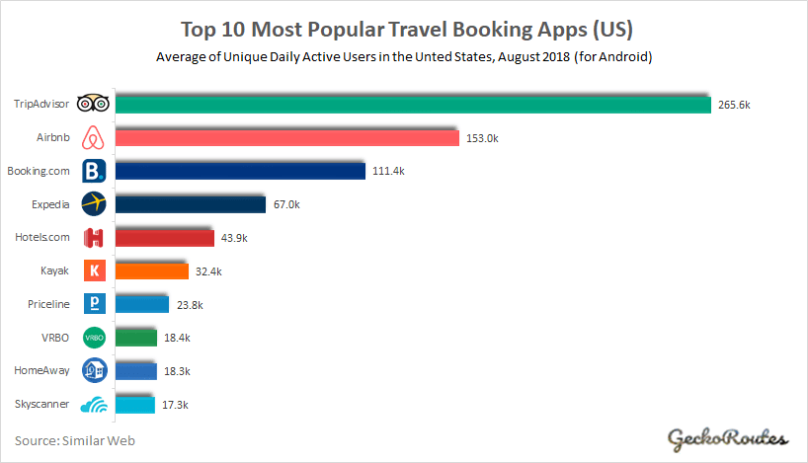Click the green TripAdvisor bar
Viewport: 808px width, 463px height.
coord(413,104)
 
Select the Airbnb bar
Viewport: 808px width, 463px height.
coord(286,137)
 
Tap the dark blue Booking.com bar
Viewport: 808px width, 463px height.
coord(241,171)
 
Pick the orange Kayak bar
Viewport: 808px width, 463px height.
coord(152,270)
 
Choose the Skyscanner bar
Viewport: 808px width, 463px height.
coord(134,404)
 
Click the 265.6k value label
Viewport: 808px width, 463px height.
coord(732,105)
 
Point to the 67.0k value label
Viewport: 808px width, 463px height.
coord(285,204)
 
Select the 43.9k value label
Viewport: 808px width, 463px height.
coord(233,238)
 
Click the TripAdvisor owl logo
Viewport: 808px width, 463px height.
coord(92,103)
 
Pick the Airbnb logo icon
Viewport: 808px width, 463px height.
coord(93,136)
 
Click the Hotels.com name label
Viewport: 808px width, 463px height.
coord(41,237)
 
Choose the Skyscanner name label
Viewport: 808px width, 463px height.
coord(42,404)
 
